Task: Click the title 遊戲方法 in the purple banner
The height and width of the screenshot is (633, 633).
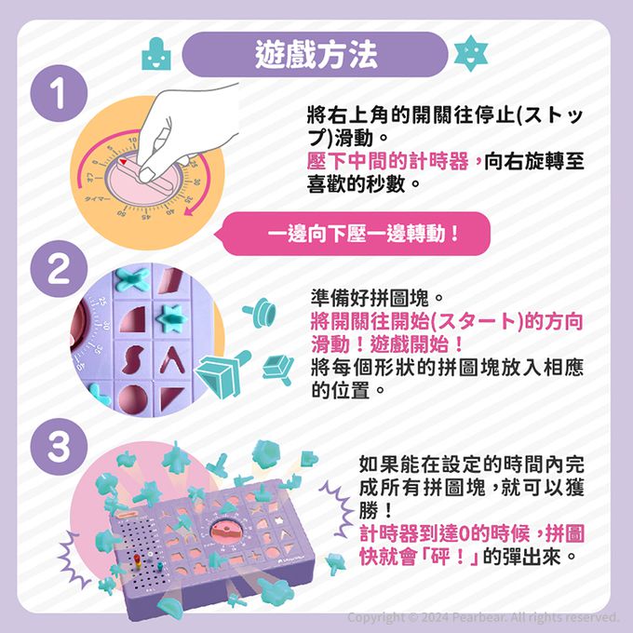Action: (316, 54)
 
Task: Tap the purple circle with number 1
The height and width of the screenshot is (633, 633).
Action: (59, 93)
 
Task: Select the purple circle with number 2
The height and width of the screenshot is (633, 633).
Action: (59, 269)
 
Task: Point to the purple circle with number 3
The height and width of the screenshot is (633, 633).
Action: (59, 447)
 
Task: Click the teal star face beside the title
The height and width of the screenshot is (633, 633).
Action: (471, 53)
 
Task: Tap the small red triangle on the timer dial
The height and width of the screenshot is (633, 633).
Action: (124, 161)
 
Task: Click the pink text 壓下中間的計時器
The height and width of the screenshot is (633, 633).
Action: (387, 161)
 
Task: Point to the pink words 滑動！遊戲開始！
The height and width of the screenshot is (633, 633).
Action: (386, 344)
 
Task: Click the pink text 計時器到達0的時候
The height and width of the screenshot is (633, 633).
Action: (444, 533)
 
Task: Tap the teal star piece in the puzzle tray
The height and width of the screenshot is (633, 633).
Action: (171, 318)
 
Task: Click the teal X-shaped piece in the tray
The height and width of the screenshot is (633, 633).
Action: (132, 280)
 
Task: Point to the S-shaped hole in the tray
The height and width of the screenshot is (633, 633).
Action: (133, 359)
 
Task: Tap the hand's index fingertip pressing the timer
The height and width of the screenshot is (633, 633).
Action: (146, 175)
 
